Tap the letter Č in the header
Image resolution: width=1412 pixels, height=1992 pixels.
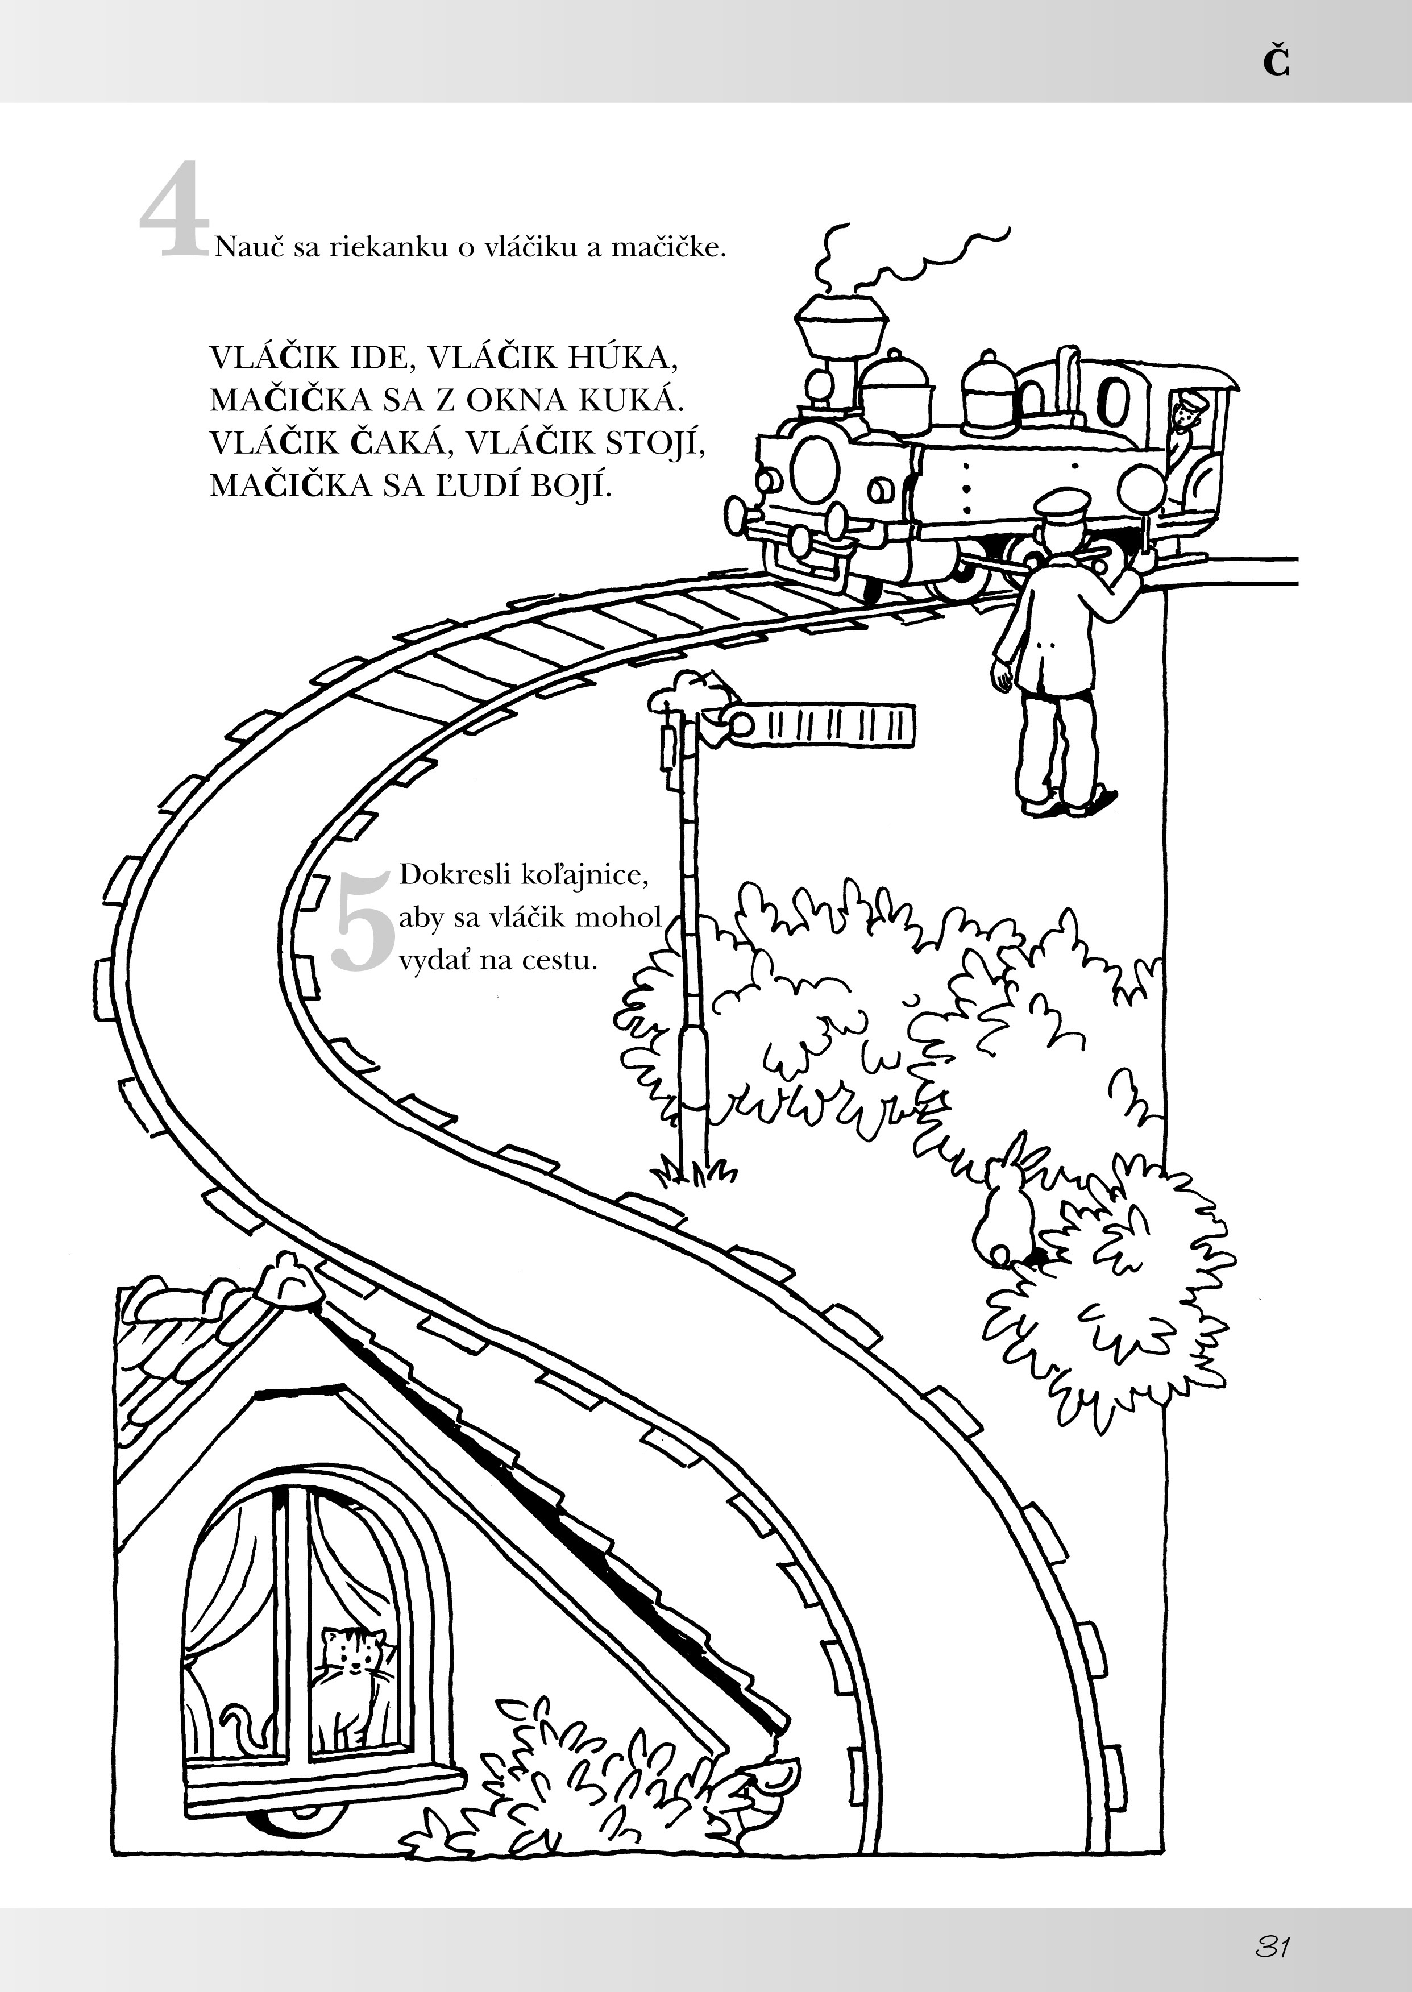point(1276,63)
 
